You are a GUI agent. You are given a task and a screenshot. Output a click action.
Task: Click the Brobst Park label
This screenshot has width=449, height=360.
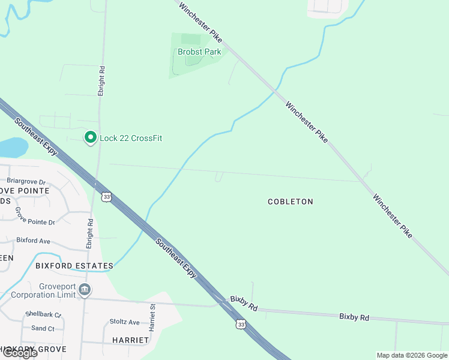pyautogui.click(x=199, y=52)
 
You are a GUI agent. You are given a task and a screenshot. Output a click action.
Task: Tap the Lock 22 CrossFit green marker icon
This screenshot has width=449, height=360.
pyautogui.click(x=91, y=138)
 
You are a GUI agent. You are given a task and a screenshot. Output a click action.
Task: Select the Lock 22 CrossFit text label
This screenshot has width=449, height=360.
pyautogui.click(x=131, y=138)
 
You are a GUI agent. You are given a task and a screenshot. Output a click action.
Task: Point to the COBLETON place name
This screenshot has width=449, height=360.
pyautogui.click(x=291, y=202)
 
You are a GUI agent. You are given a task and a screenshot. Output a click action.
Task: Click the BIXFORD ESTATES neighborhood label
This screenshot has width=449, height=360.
pyautogui.click(x=74, y=265)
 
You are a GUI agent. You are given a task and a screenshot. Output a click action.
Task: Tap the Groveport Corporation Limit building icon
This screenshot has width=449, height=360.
pyautogui.click(x=85, y=290)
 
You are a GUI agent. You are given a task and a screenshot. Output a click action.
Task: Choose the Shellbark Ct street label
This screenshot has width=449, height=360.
pyautogui.click(x=44, y=314)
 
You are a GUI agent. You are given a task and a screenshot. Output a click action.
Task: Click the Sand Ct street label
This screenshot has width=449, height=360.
pyautogui.click(x=43, y=328)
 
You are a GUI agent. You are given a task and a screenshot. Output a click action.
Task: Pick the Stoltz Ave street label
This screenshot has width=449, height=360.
pyautogui.click(x=125, y=322)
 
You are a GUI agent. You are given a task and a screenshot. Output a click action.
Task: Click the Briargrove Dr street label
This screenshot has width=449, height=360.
pyautogui.click(x=26, y=182)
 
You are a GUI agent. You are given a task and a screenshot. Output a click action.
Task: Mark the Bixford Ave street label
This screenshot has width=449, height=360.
pyautogui.click(x=34, y=241)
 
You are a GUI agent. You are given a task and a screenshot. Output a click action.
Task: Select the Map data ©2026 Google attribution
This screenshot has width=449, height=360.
pyautogui.click(x=412, y=355)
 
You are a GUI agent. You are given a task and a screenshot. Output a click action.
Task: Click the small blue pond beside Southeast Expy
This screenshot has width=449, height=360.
pyautogui.click(x=13, y=147)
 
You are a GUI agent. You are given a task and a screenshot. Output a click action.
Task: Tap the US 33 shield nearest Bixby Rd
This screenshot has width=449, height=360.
pyautogui.click(x=241, y=324)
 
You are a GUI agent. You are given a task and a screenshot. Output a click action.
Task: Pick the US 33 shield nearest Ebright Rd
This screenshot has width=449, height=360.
pyautogui.click(x=107, y=196)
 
